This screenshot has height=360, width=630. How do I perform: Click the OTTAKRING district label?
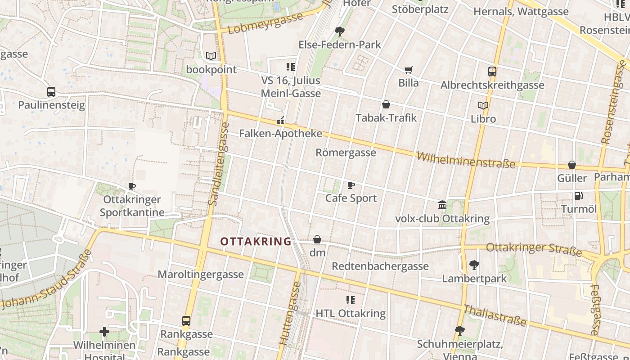[256, 242]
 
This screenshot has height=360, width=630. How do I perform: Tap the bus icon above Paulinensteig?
[51, 92]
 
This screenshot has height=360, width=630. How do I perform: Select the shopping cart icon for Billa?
[408, 70]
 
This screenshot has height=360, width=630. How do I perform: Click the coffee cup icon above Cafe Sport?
[351, 185]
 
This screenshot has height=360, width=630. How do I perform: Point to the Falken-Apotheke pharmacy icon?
[280, 121]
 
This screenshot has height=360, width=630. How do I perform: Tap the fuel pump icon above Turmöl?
[578, 196]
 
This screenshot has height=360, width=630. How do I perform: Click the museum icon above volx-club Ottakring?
[442, 205]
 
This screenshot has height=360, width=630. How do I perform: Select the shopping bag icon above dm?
[317, 239]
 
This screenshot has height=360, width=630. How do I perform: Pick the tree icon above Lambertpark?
[474, 265]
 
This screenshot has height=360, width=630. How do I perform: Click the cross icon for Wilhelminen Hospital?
[104, 332]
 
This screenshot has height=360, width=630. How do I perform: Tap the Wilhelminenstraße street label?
[466, 160]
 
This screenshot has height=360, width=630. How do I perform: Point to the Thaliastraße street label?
[495, 315]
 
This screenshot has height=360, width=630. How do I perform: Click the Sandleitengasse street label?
[219, 164]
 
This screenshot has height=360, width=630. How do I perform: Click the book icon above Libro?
[483, 105]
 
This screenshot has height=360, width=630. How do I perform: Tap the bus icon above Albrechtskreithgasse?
[492, 71]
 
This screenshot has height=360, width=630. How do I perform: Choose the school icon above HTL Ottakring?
[350, 300]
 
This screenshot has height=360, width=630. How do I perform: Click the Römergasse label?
[346, 153]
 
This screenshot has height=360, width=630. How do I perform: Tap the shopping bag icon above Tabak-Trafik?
[386, 105]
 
